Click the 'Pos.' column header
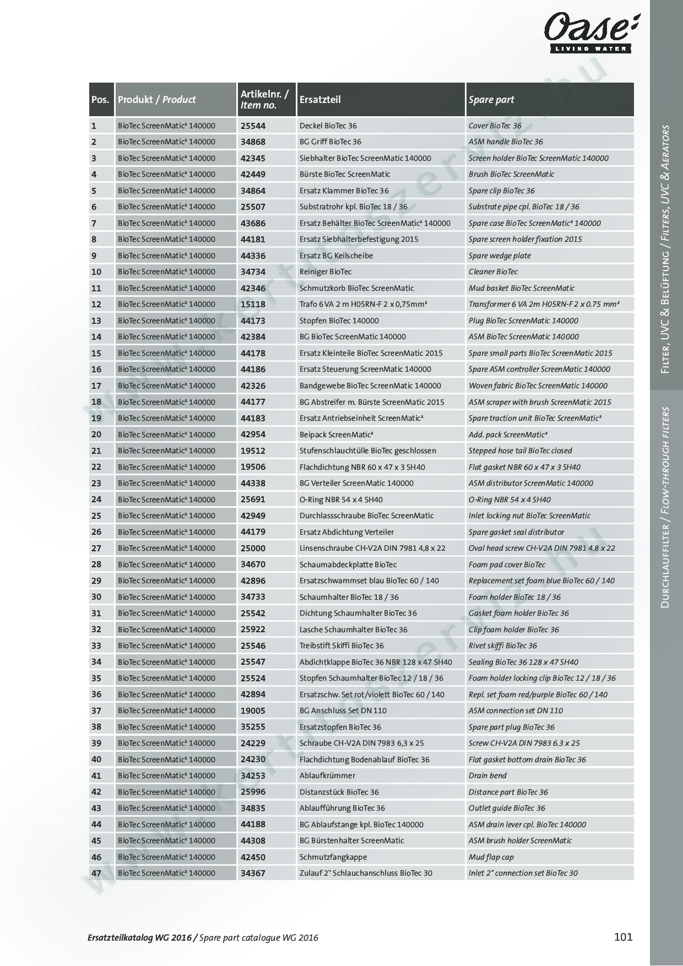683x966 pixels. click(x=100, y=100)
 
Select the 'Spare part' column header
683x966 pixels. click(x=491, y=100)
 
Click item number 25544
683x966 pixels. click(x=253, y=126)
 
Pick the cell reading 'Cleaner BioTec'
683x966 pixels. click(x=493, y=272)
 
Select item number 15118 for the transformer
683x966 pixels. click(x=253, y=304)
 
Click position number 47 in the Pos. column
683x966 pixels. click(x=96, y=873)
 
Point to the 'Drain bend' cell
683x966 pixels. click(x=487, y=775)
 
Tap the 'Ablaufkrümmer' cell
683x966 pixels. click(x=327, y=775)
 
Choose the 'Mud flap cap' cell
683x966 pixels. click(x=491, y=857)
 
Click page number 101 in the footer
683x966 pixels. click(x=623, y=937)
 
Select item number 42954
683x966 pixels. click(x=253, y=434)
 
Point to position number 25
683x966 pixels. click(x=96, y=515)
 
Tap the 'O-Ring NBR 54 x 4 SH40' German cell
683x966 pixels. click(x=341, y=500)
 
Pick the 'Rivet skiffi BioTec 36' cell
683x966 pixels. click(x=502, y=645)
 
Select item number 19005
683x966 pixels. click(x=253, y=710)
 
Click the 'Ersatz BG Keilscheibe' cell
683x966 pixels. click(x=336, y=256)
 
